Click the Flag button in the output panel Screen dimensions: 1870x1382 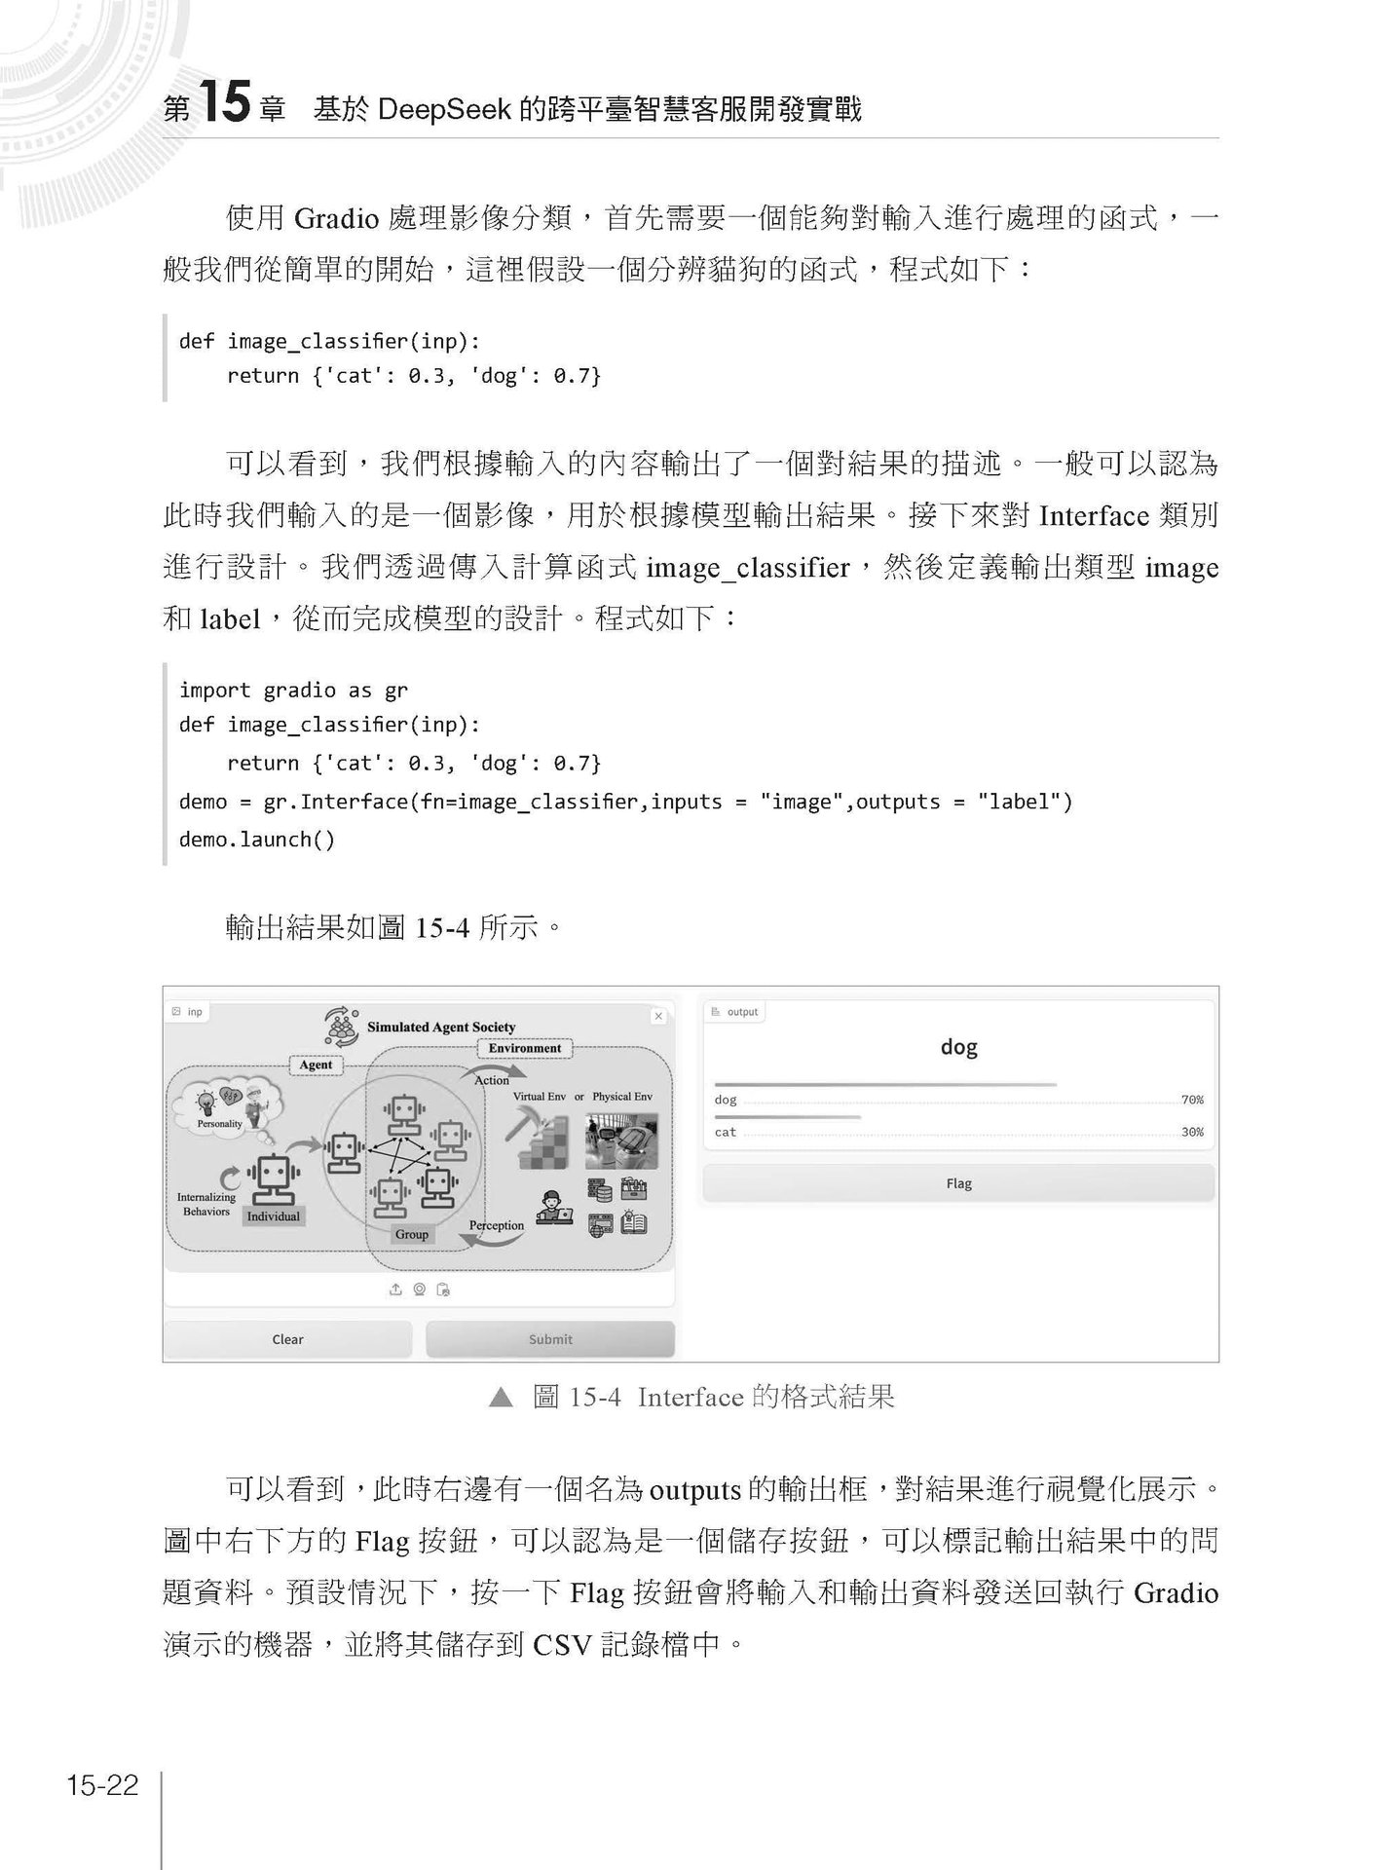pyautogui.click(x=958, y=1183)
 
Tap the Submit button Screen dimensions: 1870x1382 pyautogui.click(x=550, y=1339)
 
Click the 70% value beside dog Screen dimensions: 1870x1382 pyautogui.click(x=1192, y=1100)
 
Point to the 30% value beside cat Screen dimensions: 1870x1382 pyautogui.click(x=1192, y=1132)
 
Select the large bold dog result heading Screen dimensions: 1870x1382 pyautogui.click(x=958, y=1047)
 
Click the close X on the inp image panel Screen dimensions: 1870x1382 pyautogui.click(x=658, y=1016)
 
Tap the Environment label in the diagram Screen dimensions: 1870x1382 pyautogui.click(x=525, y=1048)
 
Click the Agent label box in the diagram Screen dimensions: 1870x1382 pyautogui.click(x=316, y=1065)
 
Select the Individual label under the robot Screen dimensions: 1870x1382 pyautogui.click(x=274, y=1216)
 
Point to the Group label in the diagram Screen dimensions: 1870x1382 pyautogui.click(x=411, y=1234)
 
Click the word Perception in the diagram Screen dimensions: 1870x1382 pyautogui.click(x=497, y=1225)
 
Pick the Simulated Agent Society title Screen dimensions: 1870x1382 pyautogui.click(x=440, y=1027)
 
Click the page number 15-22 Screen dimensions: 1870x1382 pyautogui.click(x=102, y=1785)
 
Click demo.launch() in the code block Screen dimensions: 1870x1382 pyautogui.click(x=257, y=840)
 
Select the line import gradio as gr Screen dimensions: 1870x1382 pyautogui.click(x=293, y=691)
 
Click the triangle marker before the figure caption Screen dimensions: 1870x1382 pyautogui.click(x=501, y=1399)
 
